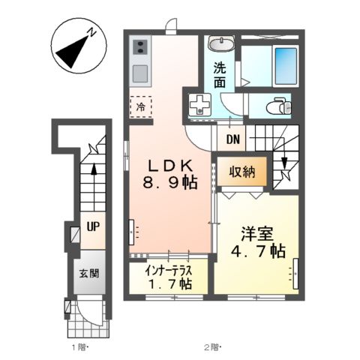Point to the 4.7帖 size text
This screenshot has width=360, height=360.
click(255, 250)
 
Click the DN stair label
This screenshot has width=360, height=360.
click(232, 139)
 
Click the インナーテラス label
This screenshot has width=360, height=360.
click(170, 270)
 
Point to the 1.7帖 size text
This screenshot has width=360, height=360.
click(170, 284)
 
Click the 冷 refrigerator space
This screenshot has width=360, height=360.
click(141, 106)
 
